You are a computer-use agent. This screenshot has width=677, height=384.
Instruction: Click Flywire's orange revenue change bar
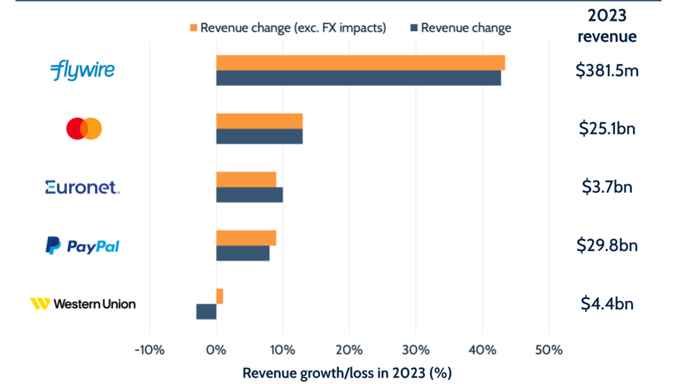[x=360, y=63]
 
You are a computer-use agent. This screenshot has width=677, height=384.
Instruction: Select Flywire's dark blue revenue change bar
[x=359, y=78]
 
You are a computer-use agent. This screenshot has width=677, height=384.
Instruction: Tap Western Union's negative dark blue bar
[x=206, y=311]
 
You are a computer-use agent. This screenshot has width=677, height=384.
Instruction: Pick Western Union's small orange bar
[x=220, y=296]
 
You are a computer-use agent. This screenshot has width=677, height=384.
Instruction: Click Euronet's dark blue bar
[x=249, y=195]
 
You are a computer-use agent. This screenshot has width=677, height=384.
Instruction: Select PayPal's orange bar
[x=246, y=238]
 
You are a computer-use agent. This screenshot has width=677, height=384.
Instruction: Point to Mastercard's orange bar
[x=259, y=121]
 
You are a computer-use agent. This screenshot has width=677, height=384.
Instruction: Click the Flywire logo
[x=82, y=71]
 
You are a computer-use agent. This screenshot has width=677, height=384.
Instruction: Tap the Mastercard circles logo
[x=84, y=129]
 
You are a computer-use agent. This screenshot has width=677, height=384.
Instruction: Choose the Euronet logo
[x=82, y=188]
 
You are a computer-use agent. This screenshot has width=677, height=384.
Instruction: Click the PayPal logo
[x=82, y=245]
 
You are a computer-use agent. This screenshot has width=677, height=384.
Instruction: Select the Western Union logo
[x=82, y=304]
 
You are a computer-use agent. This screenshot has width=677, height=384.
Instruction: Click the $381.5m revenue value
[x=607, y=71]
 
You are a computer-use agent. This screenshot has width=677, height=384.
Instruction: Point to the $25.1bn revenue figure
[x=607, y=129]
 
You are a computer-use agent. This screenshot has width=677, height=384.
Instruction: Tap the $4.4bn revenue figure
[x=607, y=304]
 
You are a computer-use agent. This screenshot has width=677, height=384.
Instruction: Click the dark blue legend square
[x=413, y=28]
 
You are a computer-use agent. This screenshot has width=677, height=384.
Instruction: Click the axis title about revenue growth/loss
[x=347, y=373]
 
